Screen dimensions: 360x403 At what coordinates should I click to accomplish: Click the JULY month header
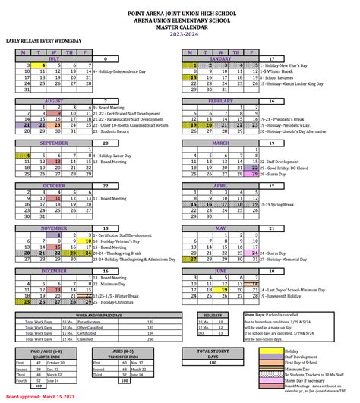coord(54,58)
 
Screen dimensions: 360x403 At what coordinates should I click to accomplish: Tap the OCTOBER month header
coord(54,185)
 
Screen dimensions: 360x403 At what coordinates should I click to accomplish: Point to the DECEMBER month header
coord(54,271)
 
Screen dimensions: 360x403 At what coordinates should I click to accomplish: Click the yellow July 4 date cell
coord(44,66)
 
